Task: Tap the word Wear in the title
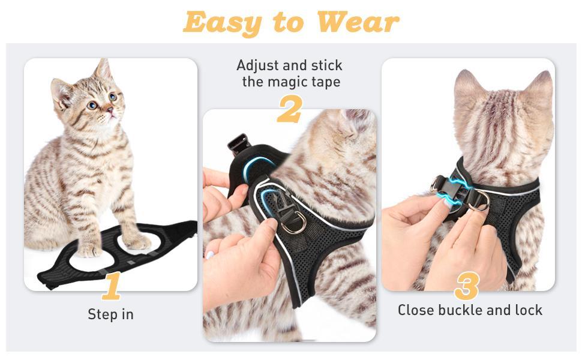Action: (358, 23)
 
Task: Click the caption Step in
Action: (110, 314)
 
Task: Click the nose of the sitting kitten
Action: (109, 110)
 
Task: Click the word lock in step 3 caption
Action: (529, 310)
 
